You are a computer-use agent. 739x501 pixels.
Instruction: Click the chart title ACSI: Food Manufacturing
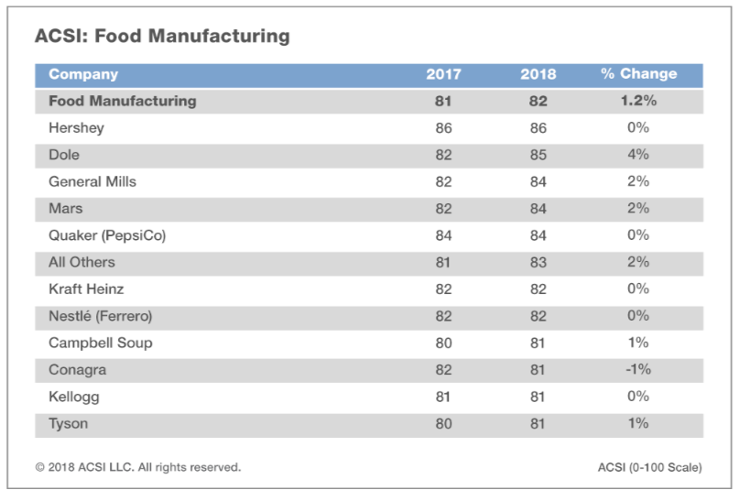162,37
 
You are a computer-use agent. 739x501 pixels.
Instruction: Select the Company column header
83,74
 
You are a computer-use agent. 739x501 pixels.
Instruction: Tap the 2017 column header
443,74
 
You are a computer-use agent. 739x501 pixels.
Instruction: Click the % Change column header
638,74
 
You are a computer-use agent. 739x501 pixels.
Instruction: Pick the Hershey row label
76,128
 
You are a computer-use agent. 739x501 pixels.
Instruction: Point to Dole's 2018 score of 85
538,155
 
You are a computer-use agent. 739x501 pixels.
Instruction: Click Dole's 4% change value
638,155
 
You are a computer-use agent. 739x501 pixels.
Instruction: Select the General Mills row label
92,181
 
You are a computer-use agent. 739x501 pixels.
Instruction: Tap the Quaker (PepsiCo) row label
107,235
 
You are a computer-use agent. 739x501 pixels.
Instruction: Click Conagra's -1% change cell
638,370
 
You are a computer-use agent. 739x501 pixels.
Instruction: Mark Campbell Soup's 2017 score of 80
443,343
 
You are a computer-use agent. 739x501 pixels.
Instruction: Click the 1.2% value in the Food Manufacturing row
638,102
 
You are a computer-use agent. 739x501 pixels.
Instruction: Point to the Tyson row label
69,423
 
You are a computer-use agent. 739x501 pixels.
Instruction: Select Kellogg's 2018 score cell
538,397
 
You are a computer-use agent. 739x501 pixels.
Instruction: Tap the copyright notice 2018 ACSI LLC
138,467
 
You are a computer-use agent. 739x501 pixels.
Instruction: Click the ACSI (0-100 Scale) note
644,467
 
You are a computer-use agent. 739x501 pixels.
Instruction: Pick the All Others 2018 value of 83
538,262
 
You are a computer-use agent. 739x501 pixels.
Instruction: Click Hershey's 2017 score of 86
443,128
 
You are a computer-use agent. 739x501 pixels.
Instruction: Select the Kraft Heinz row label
86,289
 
